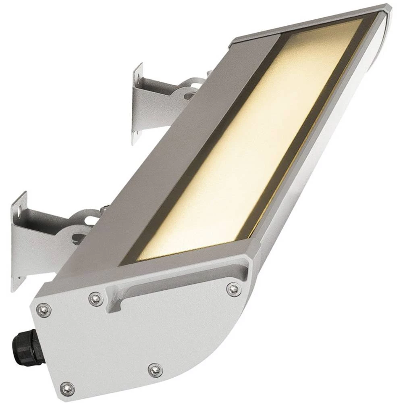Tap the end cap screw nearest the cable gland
(x=43, y=310)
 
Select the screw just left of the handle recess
(x=96, y=299)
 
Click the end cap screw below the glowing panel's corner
(x=233, y=289)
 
